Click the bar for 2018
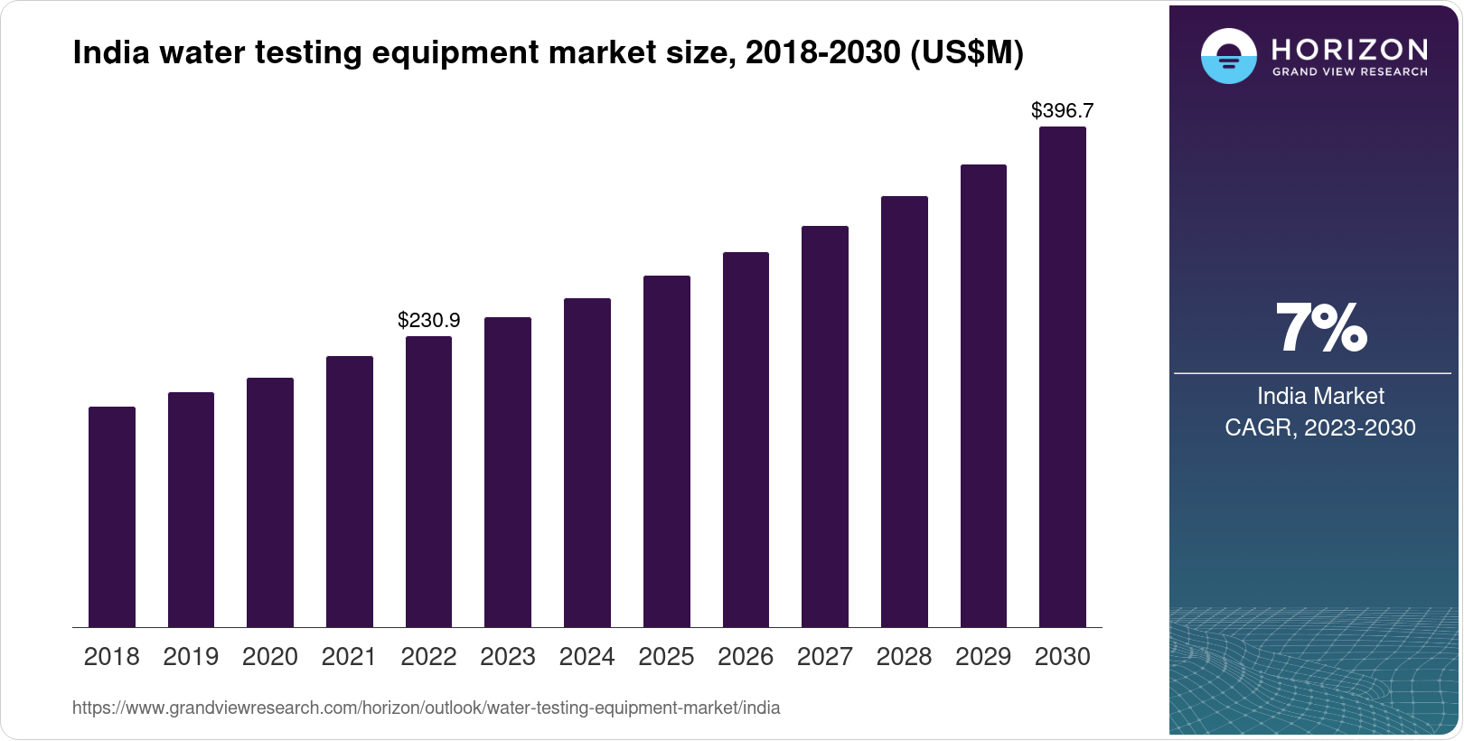(x=112, y=517)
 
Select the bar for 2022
(x=428, y=482)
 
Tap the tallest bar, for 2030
(x=1063, y=377)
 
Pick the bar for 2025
(x=666, y=452)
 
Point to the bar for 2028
(x=904, y=412)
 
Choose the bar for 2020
(x=270, y=502)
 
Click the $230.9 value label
(x=429, y=320)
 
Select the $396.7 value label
(x=1063, y=110)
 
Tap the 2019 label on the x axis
(x=191, y=657)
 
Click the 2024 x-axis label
(x=587, y=657)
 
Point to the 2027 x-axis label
(x=824, y=657)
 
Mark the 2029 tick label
(x=983, y=657)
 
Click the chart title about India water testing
(x=548, y=52)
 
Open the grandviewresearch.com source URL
(x=426, y=708)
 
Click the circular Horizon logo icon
(x=1228, y=56)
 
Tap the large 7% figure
(x=1320, y=328)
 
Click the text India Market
(x=1320, y=396)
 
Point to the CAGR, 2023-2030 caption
(x=1320, y=427)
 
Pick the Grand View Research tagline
(x=1349, y=71)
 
